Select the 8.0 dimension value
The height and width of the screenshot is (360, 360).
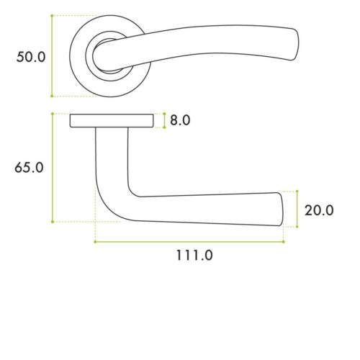tap(180, 120)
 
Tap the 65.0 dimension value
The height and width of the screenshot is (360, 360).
tap(30, 167)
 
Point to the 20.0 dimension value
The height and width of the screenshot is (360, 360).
tap(319, 210)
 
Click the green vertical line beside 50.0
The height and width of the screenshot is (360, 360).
tap(52, 55)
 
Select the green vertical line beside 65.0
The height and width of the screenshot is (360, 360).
tap(52, 167)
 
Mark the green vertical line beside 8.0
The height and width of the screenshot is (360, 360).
tap(165, 120)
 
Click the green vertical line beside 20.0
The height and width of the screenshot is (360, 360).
tap(297, 209)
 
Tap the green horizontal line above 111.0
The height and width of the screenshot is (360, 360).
tap(189, 242)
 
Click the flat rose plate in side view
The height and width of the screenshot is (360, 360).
tap(112, 121)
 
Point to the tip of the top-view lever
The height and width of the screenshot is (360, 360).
tap(295, 47)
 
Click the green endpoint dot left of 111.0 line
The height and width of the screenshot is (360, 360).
tap(95, 242)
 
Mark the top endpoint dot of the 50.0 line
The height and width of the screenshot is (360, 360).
tap(52, 16)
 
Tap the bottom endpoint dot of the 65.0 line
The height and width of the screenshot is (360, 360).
tap(52, 222)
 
